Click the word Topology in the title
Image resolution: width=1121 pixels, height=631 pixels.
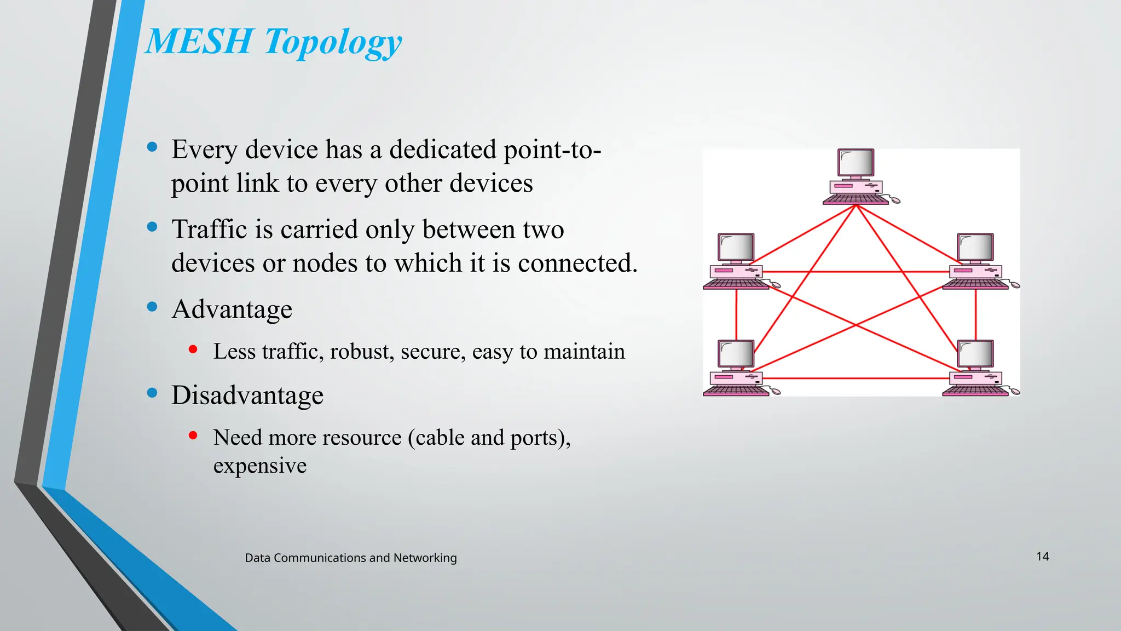333,43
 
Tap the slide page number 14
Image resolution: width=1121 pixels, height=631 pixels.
1042,557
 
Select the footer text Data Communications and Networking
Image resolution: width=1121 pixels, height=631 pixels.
350,558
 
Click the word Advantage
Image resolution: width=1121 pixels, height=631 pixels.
232,309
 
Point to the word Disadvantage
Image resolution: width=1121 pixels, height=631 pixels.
247,395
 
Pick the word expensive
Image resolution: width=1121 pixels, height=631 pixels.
260,466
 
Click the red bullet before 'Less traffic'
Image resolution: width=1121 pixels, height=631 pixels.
193,349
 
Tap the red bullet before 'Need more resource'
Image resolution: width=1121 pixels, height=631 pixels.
193,435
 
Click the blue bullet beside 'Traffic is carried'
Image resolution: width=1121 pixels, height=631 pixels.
152,227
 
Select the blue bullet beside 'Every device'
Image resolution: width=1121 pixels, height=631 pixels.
152,147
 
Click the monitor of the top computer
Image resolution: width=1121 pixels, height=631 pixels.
856,163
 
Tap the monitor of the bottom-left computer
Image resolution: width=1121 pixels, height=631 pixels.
736,354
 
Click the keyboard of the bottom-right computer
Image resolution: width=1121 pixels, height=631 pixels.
975,391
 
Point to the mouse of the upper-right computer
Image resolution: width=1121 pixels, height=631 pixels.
1014,285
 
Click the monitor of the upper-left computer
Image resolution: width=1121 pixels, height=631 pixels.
736,248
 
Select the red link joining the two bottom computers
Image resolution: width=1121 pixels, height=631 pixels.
856,378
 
